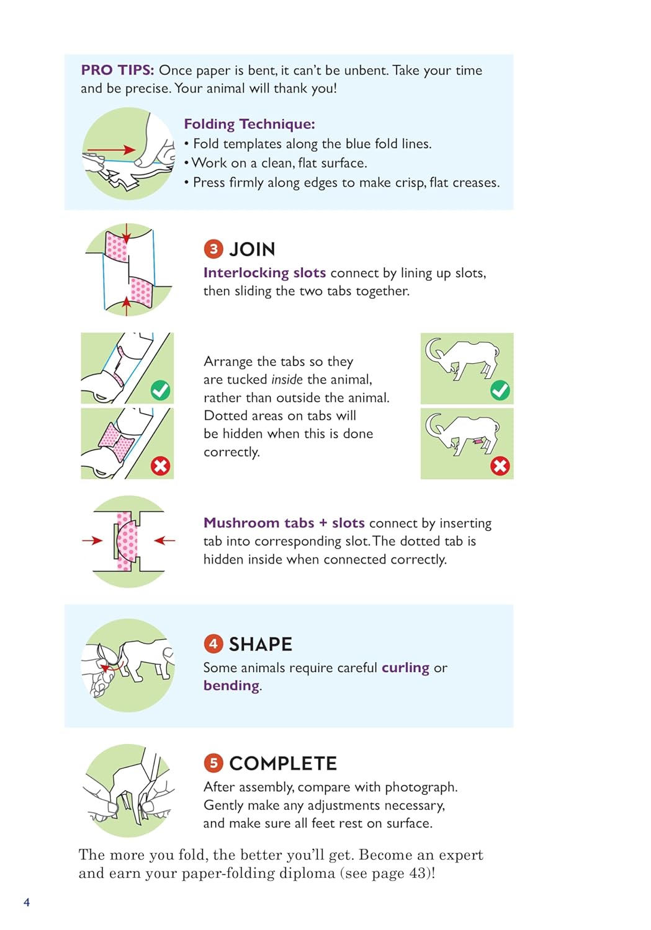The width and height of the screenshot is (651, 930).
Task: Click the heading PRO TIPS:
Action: tap(117, 70)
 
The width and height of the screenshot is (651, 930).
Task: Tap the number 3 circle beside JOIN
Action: tap(213, 249)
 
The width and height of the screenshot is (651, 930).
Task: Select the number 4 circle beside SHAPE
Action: tap(213, 644)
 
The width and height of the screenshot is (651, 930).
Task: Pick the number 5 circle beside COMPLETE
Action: tap(213, 763)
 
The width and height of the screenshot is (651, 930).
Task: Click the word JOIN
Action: tap(252, 249)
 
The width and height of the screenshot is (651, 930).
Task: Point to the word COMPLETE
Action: tap(283, 763)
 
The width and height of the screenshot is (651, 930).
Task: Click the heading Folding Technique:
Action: tap(249, 124)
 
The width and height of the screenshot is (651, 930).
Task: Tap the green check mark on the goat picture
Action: tap(500, 390)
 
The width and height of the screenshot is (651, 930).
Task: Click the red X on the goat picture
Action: tap(500, 466)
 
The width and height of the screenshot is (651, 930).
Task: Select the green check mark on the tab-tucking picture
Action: tap(160, 390)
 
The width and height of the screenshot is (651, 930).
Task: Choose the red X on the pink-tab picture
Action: tap(160, 466)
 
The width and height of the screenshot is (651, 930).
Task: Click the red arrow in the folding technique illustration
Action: tap(111, 149)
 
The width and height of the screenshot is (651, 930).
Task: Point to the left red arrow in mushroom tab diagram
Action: tap(92, 540)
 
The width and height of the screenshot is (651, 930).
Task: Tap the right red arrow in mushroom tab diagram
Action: tap(164, 540)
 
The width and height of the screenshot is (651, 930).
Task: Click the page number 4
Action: tap(27, 901)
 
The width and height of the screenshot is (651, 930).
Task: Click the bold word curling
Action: tap(405, 668)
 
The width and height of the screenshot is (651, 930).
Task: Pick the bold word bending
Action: tap(231, 685)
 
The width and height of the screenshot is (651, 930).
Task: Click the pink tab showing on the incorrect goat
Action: tap(478, 441)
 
